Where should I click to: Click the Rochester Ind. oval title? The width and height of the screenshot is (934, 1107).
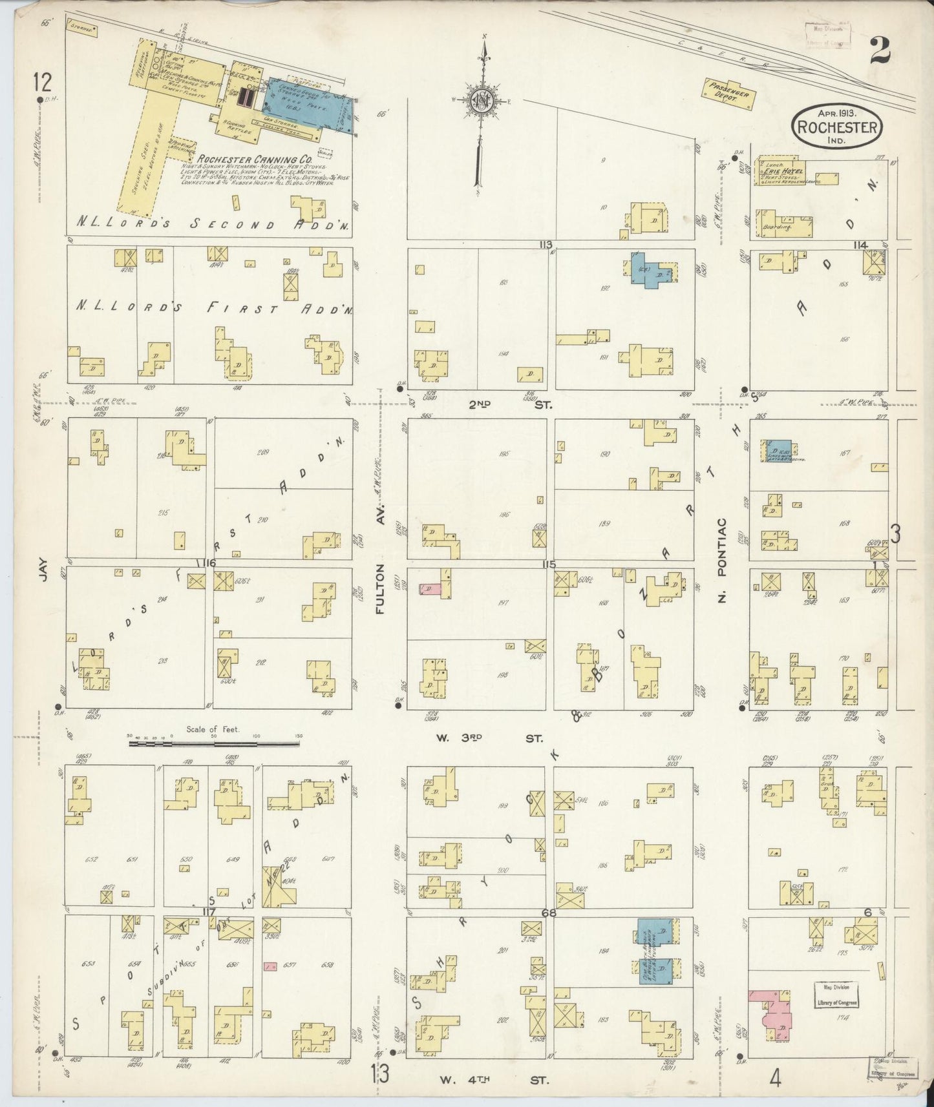tap(837, 127)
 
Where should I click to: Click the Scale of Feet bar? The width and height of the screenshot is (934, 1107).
tap(214, 743)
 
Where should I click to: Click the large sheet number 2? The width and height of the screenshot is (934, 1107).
tap(881, 50)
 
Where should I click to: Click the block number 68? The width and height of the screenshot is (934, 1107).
tap(549, 913)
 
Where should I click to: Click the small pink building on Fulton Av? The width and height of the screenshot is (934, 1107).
tap(427, 588)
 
